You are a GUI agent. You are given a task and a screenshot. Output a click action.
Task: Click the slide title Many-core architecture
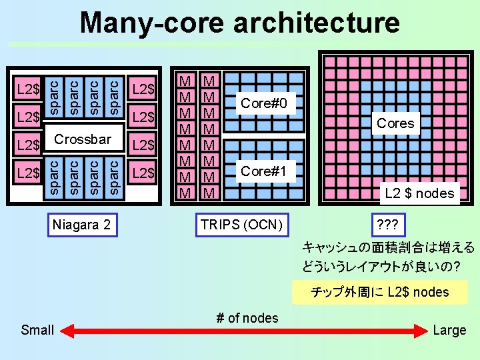click(240, 23)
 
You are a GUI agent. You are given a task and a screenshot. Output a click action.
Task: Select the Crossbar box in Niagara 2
click(82, 139)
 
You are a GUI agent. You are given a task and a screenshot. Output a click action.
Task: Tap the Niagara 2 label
click(82, 225)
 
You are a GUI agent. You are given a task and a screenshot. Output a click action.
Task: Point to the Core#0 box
click(264, 103)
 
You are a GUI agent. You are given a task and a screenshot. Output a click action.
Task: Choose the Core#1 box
click(264, 171)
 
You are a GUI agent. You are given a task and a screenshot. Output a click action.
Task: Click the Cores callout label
click(395, 123)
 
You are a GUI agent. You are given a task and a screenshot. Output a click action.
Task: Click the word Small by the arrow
click(37, 329)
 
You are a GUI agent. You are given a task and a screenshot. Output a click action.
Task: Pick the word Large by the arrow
click(449, 330)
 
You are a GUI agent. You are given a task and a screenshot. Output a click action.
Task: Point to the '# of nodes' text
click(247, 318)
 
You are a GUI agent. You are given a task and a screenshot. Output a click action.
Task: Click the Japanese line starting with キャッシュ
click(388, 247)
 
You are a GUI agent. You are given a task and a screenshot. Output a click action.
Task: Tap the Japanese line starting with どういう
click(381, 267)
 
